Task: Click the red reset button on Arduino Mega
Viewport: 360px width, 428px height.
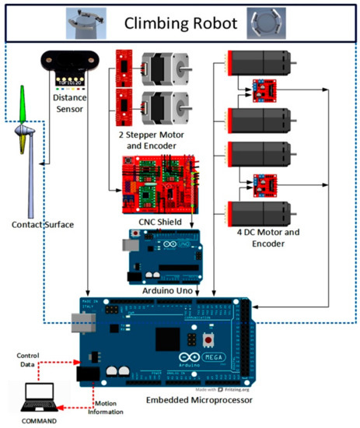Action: click(209, 341)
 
